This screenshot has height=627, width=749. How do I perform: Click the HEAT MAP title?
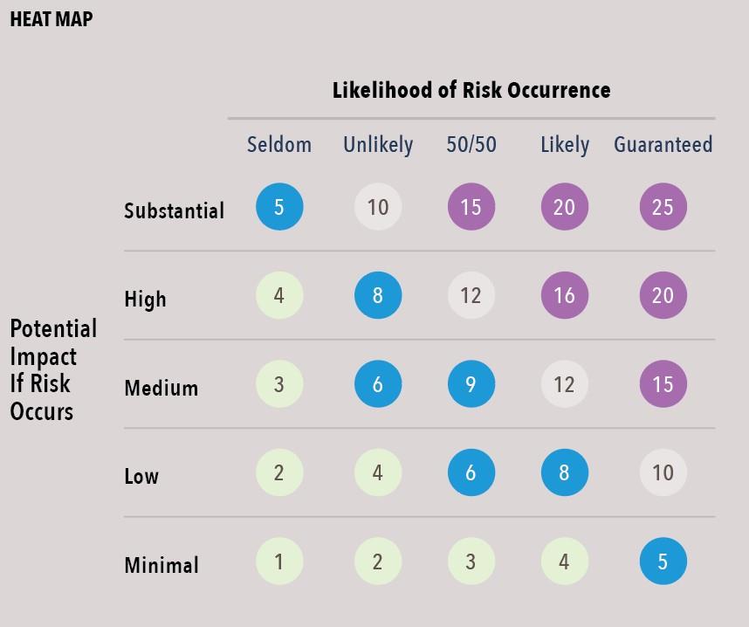pyautogui.click(x=51, y=19)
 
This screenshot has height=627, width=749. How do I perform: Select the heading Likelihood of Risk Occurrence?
pyautogui.click(x=471, y=90)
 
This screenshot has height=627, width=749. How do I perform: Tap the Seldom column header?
pyautogui.click(x=279, y=145)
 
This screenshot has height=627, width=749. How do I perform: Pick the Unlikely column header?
pyautogui.click(x=378, y=145)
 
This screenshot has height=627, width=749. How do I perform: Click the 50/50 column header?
pyautogui.click(x=471, y=145)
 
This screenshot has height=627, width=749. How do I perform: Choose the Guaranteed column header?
pyautogui.click(x=663, y=145)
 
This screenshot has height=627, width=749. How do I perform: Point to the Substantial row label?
pyautogui.click(x=174, y=210)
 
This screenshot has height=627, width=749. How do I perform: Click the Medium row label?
pyautogui.click(x=161, y=388)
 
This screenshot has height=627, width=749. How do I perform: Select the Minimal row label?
pyautogui.click(x=161, y=565)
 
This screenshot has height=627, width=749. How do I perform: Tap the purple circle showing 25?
pyautogui.click(x=663, y=207)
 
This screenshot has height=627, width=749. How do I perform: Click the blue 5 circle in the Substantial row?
pyautogui.click(x=279, y=207)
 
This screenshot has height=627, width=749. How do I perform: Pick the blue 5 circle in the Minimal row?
pyautogui.click(x=663, y=562)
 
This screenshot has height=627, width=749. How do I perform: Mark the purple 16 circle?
pyautogui.click(x=564, y=295)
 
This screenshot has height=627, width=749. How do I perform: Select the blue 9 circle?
pyautogui.click(x=471, y=384)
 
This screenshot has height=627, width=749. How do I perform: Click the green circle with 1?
pyautogui.click(x=279, y=562)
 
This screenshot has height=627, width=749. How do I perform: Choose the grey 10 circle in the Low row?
pyautogui.click(x=663, y=472)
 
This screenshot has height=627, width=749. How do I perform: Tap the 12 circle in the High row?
pyautogui.click(x=471, y=295)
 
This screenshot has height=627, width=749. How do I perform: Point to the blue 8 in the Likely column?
pyautogui.click(x=564, y=472)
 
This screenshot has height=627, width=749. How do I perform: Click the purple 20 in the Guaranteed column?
pyautogui.click(x=663, y=295)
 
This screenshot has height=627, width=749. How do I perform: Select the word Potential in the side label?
pyautogui.click(x=53, y=329)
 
